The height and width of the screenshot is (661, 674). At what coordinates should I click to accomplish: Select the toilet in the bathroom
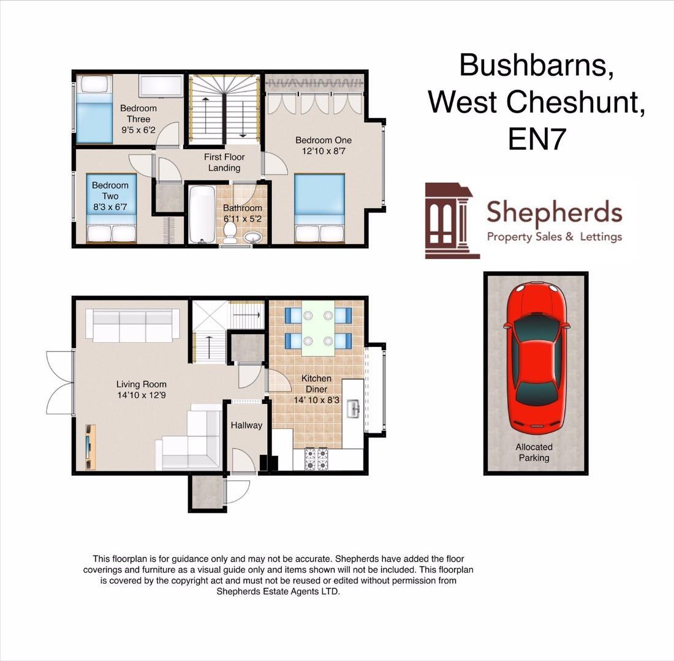pyautogui.click(x=230, y=231)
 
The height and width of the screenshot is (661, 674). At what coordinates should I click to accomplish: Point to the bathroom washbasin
pyautogui.click(x=252, y=236)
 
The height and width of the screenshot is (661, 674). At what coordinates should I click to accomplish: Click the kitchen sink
pyautogui.click(x=353, y=409)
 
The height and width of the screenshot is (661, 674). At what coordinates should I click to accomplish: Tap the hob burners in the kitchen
pyautogui.click(x=316, y=459)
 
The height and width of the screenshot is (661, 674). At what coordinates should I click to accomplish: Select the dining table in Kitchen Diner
pyautogui.click(x=318, y=327)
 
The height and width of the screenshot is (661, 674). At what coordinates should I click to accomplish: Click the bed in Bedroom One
pyautogui.click(x=319, y=209)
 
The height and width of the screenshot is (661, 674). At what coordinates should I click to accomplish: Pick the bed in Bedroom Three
pyautogui.click(x=94, y=109)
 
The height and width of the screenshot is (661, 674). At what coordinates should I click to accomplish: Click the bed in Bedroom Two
pyautogui.click(x=111, y=208)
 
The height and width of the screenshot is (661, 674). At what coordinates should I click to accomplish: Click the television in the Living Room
pyautogui.click(x=91, y=447)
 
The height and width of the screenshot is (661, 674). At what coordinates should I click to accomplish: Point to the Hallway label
pyautogui.click(x=246, y=425)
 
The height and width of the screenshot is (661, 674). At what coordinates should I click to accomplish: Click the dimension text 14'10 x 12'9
pyautogui.click(x=142, y=395)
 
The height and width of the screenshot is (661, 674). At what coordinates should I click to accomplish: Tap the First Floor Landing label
pyautogui.click(x=224, y=162)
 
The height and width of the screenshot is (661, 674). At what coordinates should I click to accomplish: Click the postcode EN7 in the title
pyautogui.click(x=537, y=140)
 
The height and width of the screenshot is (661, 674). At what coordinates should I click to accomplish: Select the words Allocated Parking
pyautogui.click(x=534, y=452)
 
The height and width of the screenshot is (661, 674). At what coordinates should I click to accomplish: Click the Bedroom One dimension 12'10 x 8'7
pyautogui.click(x=324, y=151)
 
